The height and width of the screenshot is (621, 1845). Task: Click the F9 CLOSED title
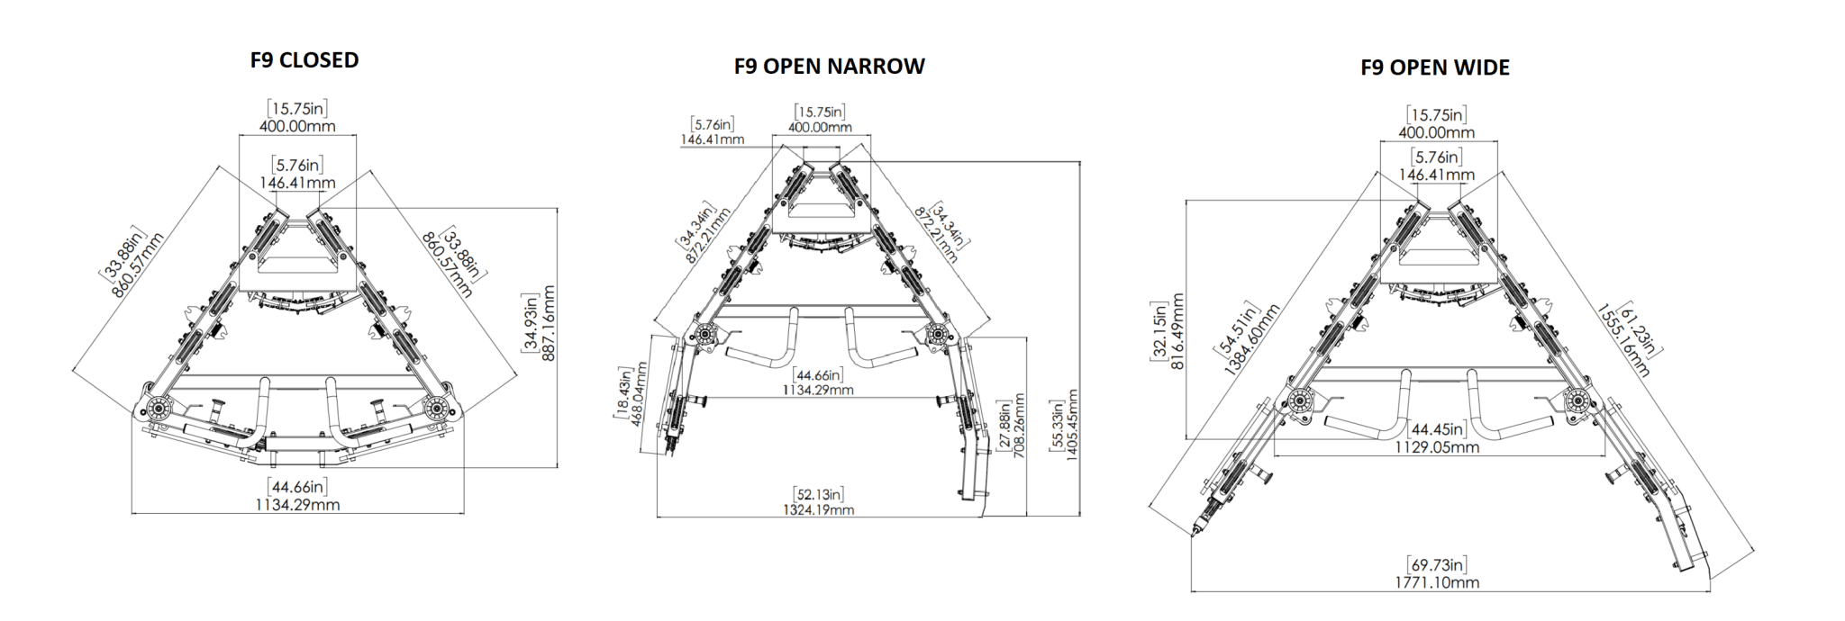[x=304, y=60]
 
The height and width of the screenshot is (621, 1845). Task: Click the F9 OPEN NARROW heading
[x=829, y=67]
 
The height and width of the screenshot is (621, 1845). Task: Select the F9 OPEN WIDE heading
[x=1434, y=67]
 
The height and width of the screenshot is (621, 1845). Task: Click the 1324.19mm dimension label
[x=818, y=510]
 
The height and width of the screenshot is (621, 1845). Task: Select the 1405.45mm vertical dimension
[x=1072, y=425]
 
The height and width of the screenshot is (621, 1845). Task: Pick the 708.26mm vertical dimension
[x=1019, y=425]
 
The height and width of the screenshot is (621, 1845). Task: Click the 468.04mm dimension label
[x=641, y=394]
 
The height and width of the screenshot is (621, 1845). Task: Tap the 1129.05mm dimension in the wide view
[x=1437, y=446]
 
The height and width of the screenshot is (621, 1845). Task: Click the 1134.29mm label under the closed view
[x=297, y=505]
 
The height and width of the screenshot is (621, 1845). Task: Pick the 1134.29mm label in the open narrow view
[x=818, y=390]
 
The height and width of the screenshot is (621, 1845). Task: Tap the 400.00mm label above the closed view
[x=297, y=126]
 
